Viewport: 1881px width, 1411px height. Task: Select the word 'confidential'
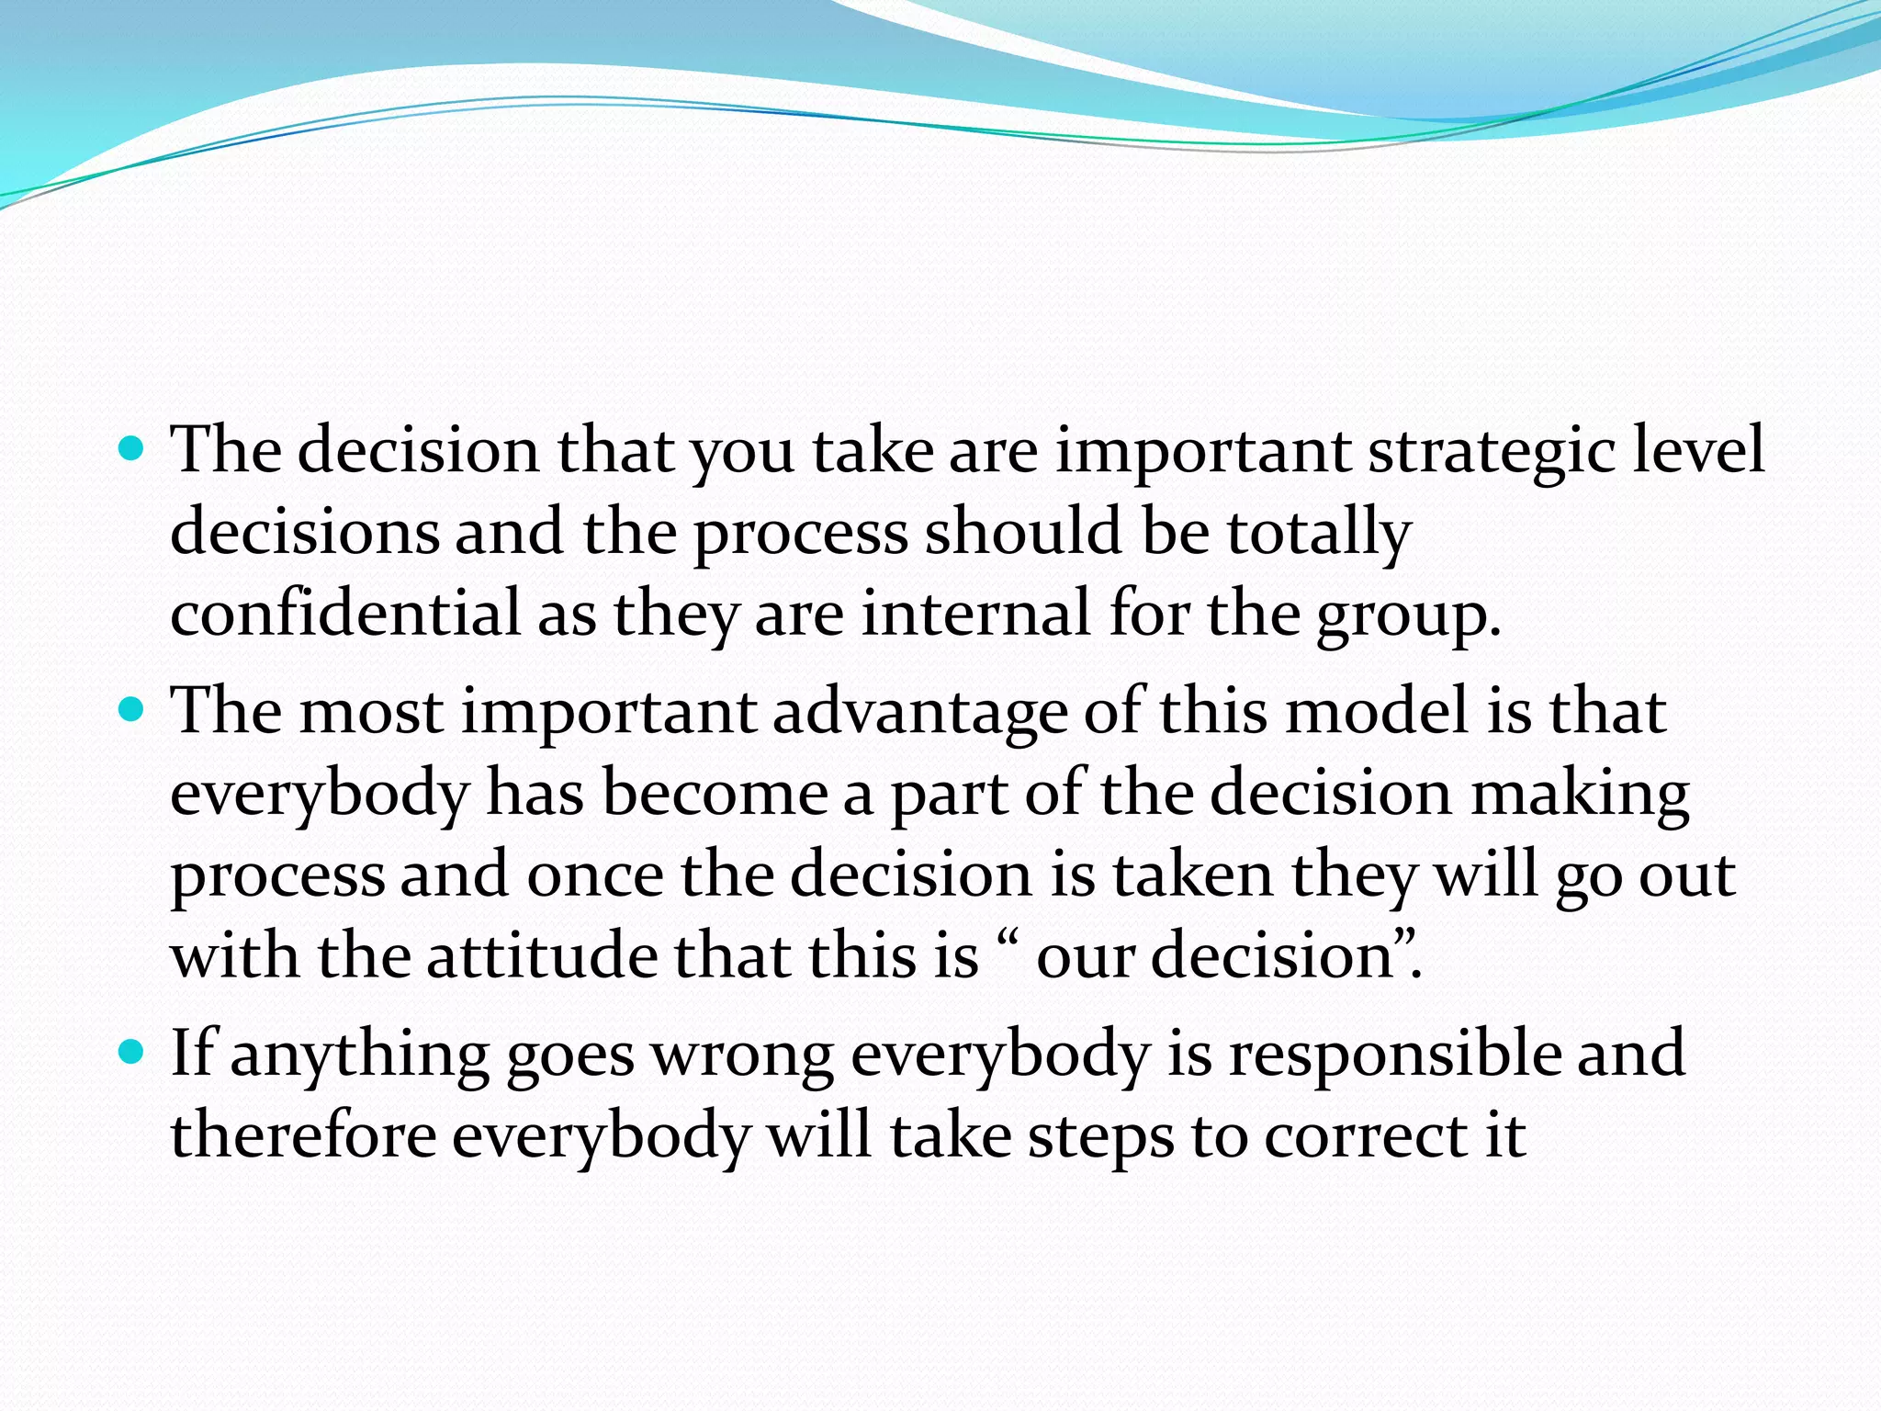point(345,614)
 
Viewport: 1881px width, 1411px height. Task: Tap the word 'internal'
point(976,614)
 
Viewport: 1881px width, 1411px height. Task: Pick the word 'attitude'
point(542,955)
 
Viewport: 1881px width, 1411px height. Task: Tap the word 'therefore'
point(303,1135)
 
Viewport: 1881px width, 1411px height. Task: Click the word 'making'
point(1580,794)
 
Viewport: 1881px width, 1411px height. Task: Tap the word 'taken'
point(1193,875)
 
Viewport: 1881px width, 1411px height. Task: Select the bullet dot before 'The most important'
point(133,709)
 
